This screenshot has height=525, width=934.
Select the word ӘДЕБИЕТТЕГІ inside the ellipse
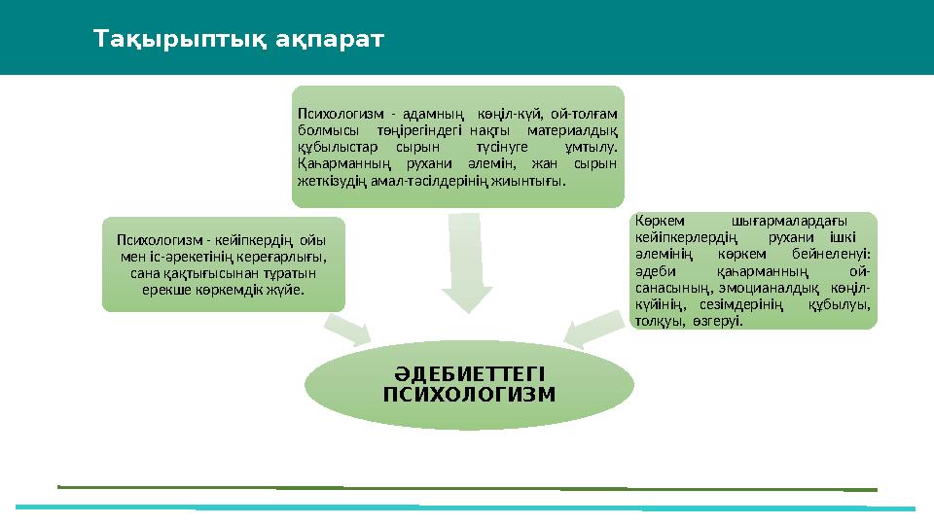(x=469, y=374)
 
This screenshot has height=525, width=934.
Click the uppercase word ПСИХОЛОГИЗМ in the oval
(x=469, y=394)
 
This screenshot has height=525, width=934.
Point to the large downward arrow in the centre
(x=468, y=262)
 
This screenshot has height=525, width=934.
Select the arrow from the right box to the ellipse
(x=591, y=329)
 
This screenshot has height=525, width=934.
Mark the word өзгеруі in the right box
(x=720, y=320)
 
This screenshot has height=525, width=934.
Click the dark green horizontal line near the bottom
(x=467, y=488)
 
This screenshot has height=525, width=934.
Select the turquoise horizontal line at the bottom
(x=467, y=507)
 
